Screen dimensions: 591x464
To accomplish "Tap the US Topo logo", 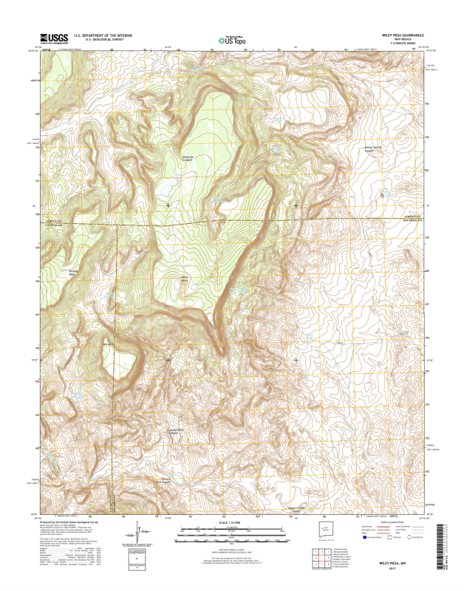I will [x=232, y=41].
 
